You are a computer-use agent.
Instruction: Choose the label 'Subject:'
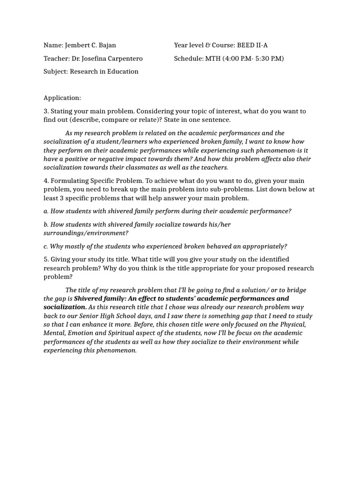[x=56, y=72]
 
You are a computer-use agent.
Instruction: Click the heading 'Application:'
[x=62, y=98]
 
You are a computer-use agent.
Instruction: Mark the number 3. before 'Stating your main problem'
[x=46, y=111]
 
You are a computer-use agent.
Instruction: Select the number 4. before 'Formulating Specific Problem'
[x=46, y=181]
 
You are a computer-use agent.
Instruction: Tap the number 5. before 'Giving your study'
[x=46, y=259]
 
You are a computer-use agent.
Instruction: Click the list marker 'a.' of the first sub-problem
[x=46, y=211]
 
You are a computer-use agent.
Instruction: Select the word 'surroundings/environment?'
[x=86, y=233]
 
